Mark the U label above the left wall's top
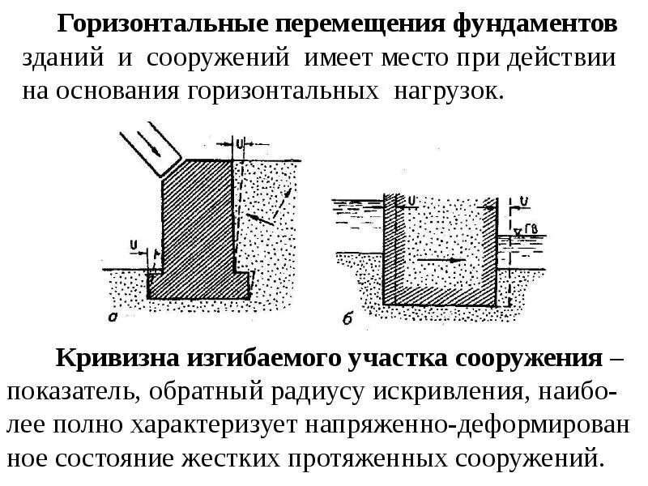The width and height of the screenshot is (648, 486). pyautogui.click(x=240, y=143)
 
